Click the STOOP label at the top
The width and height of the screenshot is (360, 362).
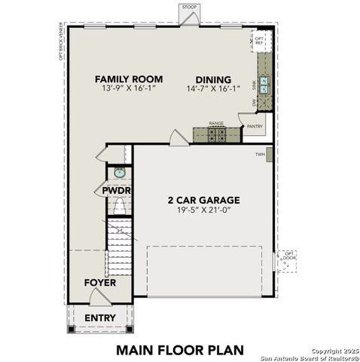click(188, 8)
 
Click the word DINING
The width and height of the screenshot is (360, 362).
click(213, 78)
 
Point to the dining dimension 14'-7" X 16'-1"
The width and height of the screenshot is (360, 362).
click(213, 89)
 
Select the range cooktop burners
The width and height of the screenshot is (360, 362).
click(217, 134)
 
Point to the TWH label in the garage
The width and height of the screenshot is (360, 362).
click(260, 154)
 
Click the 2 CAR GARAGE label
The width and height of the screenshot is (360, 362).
click(203, 200)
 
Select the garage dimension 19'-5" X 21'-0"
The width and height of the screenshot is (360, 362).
click(203, 211)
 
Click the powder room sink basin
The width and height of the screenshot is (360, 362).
click(119, 173)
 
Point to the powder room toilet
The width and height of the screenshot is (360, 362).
click(118, 206)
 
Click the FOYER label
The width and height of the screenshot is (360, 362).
click(100, 283)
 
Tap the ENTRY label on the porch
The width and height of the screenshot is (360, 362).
click(100, 318)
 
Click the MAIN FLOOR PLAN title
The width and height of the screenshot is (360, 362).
click(181, 349)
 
